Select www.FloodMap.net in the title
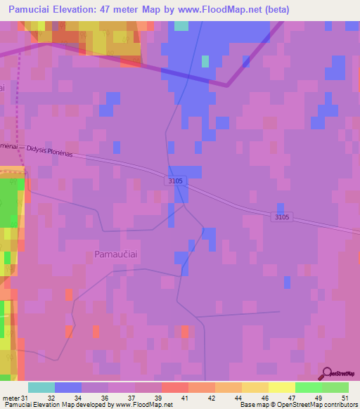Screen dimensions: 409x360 tap(211, 10)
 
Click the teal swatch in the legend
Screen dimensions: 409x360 tap(41, 387)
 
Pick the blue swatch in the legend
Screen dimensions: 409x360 tap(68, 387)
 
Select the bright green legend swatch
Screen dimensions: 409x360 tap(309, 387)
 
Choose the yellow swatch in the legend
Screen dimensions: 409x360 tap(282, 387)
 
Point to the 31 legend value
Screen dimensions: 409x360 tap(26, 397)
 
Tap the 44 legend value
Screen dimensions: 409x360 tap(236, 397)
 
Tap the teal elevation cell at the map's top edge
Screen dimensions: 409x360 tap(181, 26)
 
